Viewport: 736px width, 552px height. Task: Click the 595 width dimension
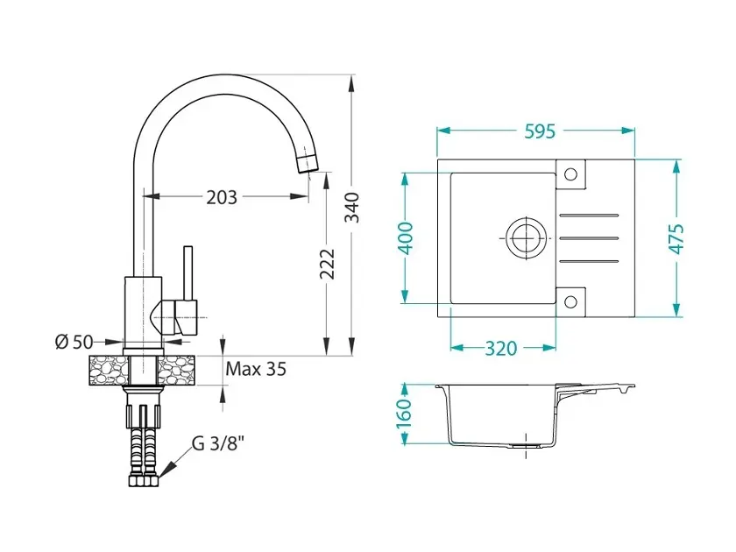(x=540, y=131)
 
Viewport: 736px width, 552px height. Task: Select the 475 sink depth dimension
(x=676, y=239)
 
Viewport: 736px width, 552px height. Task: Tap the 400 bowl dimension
(x=407, y=238)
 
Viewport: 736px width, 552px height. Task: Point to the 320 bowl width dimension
(x=501, y=349)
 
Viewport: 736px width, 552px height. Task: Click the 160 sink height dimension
(x=404, y=414)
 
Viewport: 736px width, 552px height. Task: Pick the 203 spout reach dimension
(x=222, y=198)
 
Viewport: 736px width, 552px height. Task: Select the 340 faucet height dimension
(x=351, y=208)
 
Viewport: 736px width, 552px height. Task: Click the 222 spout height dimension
(x=328, y=265)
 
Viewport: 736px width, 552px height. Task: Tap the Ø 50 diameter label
(x=74, y=342)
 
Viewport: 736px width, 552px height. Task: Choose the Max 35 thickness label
(x=256, y=369)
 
